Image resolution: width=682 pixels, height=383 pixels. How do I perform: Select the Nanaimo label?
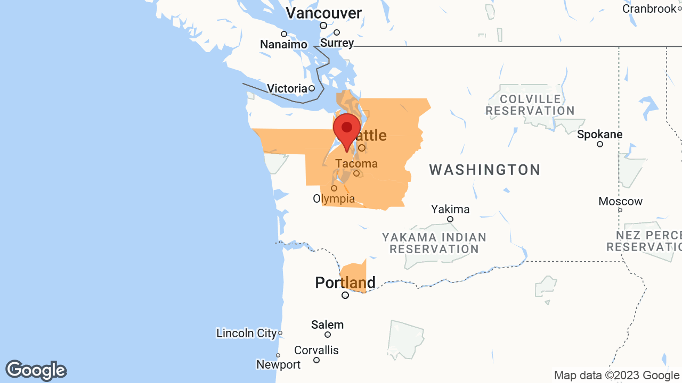[283, 44]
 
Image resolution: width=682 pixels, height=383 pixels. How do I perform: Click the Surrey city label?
[337, 43]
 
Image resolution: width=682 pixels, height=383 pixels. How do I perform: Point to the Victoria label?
[287, 88]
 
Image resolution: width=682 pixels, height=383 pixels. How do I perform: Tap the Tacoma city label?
[356, 163]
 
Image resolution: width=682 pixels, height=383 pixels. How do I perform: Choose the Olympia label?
[334, 198]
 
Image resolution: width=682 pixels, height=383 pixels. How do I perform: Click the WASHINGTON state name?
[485, 170]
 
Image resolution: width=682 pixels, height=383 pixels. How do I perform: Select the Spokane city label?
[600, 134]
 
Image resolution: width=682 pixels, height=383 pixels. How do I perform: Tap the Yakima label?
[450, 209]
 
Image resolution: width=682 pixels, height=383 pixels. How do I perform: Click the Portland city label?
[345, 282]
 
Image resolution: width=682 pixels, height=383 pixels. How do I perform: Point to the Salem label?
[327, 324]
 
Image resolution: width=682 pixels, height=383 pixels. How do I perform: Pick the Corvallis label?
[316, 351]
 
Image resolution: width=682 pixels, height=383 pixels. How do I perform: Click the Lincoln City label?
[247, 333]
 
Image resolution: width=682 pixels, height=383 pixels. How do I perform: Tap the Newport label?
[278, 364]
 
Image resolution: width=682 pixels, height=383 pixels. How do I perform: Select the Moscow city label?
[620, 201]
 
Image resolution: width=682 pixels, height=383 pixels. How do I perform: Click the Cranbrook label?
[649, 9]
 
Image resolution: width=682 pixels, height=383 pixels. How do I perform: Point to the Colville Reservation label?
[530, 105]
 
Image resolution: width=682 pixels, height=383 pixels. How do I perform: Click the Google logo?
[36, 370]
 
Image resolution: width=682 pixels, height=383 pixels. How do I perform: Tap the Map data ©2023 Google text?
[616, 375]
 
